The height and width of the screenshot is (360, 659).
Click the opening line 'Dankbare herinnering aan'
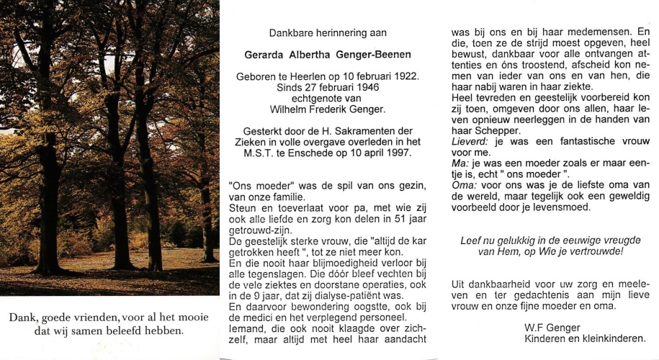328,33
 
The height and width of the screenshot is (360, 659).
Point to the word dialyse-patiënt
362,294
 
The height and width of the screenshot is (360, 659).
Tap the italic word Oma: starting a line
464,186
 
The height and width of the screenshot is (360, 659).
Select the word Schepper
494,131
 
